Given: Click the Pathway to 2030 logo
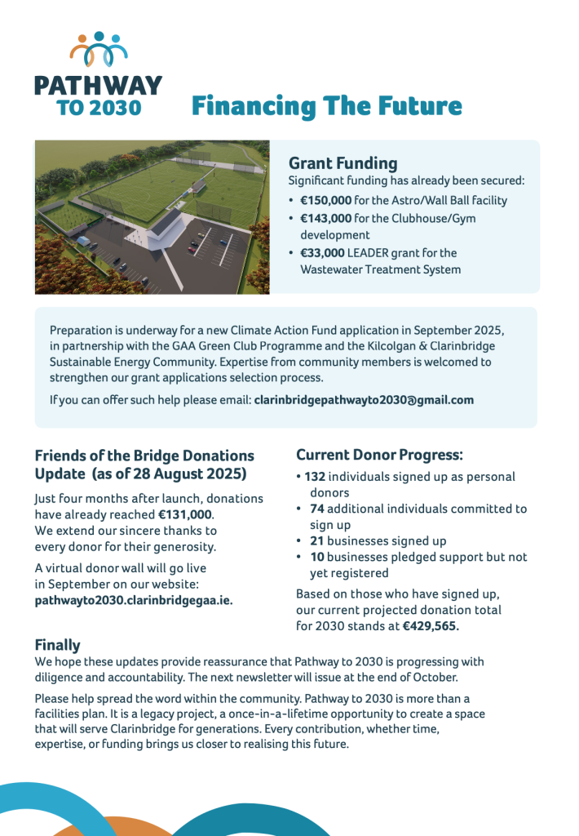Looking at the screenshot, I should [x=98, y=73].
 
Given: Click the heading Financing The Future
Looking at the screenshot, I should [x=326, y=106].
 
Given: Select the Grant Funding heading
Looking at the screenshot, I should [x=343, y=163].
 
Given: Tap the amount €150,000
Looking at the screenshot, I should [x=325, y=200].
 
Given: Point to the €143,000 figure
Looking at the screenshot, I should [x=325, y=218].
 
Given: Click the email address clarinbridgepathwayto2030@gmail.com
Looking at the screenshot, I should [x=364, y=400].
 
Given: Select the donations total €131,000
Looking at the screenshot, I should [x=185, y=514].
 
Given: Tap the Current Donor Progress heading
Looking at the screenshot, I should [x=379, y=454].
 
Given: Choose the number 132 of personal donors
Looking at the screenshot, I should [x=314, y=477].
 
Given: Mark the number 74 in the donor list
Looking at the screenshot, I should [x=317, y=509].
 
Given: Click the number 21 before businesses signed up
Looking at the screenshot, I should [x=316, y=540].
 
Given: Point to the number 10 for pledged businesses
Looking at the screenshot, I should [x=316, y=557].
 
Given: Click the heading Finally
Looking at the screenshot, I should [x=57, y=645].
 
